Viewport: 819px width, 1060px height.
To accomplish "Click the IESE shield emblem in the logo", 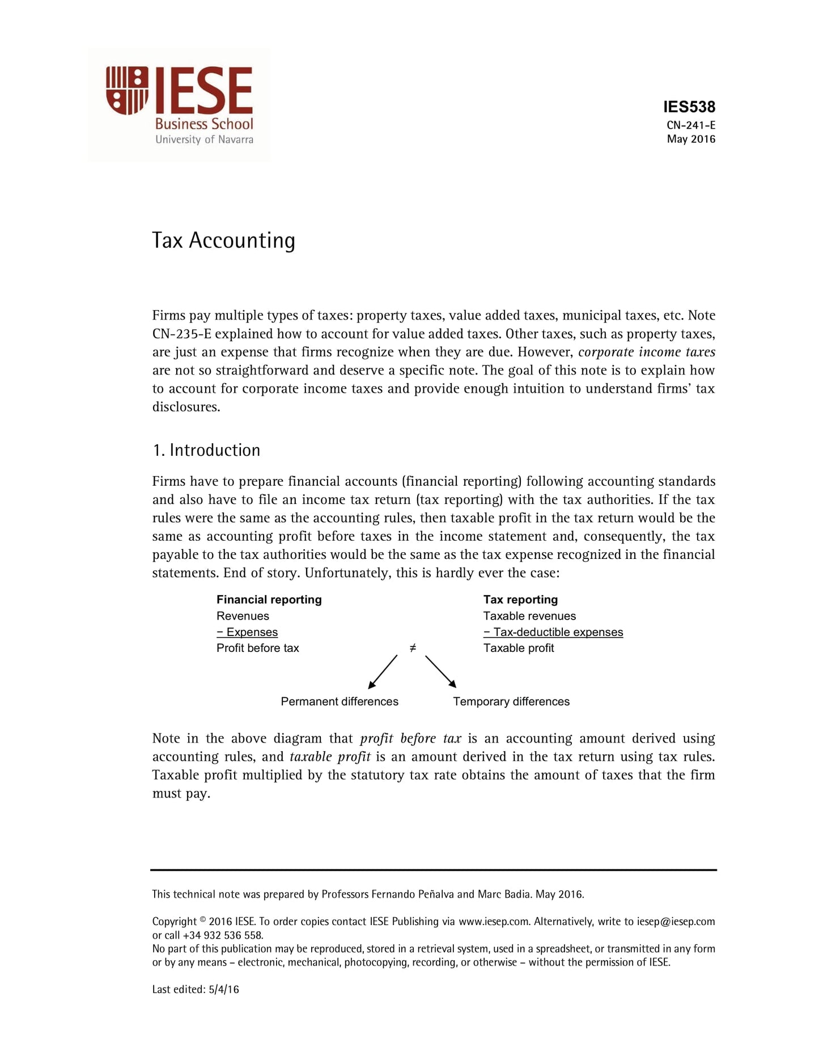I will [x=127, y=90].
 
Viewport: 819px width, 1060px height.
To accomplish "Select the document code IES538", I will [x=689, y=107].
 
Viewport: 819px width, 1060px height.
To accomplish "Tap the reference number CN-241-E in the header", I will [x=690, y=125].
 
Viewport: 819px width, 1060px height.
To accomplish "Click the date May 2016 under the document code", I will [x=690, y=139].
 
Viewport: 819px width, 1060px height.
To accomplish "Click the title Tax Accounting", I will [x=223, y=240].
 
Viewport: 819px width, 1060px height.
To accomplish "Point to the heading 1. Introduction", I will [x=206, y=450].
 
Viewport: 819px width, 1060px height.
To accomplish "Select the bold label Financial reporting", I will [x=269, y=600].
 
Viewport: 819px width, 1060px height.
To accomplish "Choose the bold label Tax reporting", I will [x=520, y=600].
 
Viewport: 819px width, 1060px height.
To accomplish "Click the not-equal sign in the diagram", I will [x=413, y=648].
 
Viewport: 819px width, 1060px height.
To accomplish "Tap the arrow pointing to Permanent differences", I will [x=383, y=672].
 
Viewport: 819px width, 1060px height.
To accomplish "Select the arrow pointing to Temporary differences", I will [x=441, y=672].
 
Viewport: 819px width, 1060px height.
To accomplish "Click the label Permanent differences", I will [x=340, y=702].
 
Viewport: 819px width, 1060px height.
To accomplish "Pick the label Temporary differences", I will [x=511, y=702].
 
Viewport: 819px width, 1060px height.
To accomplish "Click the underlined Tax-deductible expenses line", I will [x=553, y=632].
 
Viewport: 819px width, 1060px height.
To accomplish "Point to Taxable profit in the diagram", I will [x=518, y=648].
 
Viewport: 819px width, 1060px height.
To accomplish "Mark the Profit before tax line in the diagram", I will [x=257, y=648].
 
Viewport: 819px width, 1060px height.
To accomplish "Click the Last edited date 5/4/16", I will [x=224, y=990].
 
